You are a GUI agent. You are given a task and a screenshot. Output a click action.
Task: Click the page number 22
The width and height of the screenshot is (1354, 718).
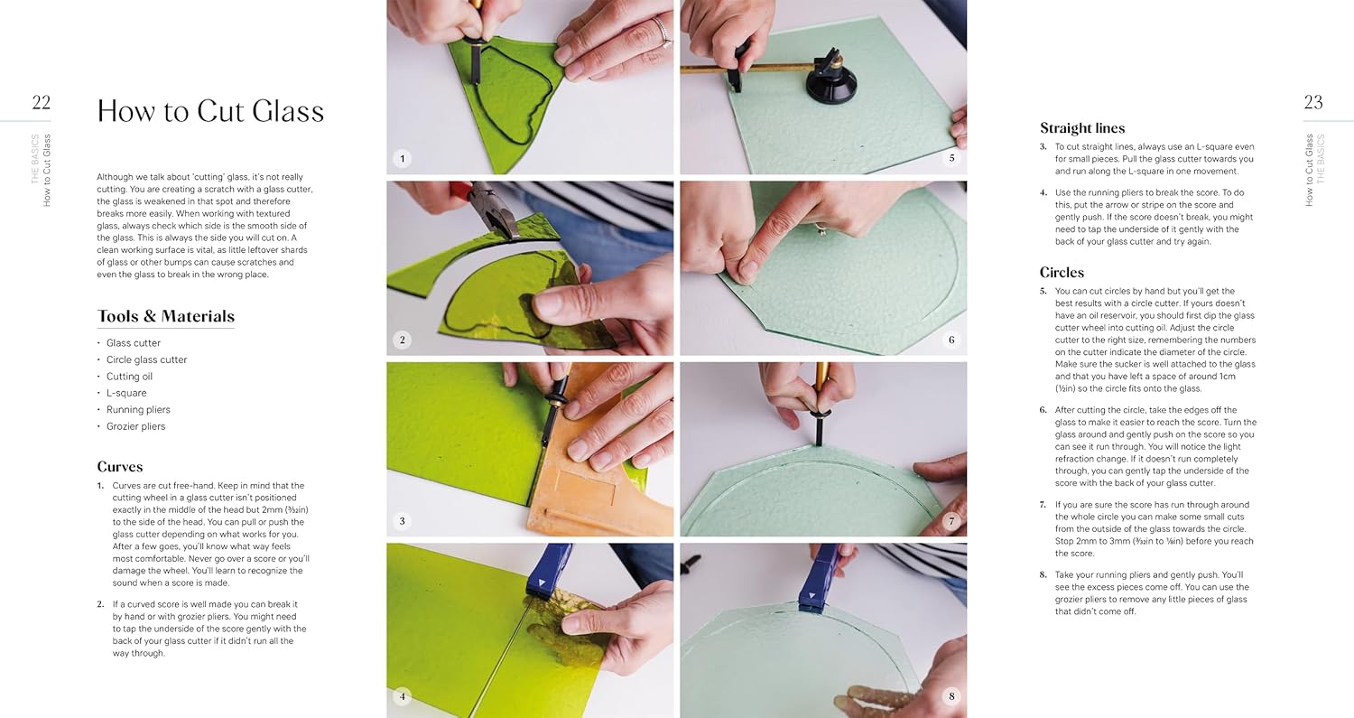coord(42,102)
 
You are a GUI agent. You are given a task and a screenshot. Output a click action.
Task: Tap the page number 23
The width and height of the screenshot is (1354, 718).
coord(1312,102)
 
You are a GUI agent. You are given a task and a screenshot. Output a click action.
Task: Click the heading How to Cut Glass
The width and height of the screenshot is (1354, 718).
coord(210,111)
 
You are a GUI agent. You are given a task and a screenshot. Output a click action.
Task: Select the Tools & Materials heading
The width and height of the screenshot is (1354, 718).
coord(165,316)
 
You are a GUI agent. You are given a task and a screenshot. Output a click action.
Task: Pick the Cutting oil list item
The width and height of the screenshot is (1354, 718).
coord(129,377)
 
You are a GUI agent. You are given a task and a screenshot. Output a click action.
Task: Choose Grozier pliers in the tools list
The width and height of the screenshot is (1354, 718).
coord(136,426)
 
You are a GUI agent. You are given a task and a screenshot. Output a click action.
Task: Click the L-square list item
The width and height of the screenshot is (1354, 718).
coord(126,393)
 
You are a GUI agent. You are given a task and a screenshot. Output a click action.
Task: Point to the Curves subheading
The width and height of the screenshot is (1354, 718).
coord(120,467)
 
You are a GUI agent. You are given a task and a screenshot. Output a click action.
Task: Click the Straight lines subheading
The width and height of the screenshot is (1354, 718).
coord(1082,128)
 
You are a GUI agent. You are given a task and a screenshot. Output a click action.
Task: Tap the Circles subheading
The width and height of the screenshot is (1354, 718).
coord(1062,272)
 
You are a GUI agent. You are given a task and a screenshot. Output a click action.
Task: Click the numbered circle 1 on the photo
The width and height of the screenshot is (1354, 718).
coord(403,158)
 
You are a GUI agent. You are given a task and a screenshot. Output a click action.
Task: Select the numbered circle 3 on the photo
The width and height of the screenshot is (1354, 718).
coord(403,521)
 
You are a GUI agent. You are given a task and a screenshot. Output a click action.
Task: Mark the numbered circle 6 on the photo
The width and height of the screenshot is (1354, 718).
coord(951,340)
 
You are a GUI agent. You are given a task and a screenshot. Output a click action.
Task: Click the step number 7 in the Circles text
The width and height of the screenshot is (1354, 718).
coord(1043,505)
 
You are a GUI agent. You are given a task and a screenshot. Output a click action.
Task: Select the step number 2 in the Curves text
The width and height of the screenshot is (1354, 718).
coord(100,604)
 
